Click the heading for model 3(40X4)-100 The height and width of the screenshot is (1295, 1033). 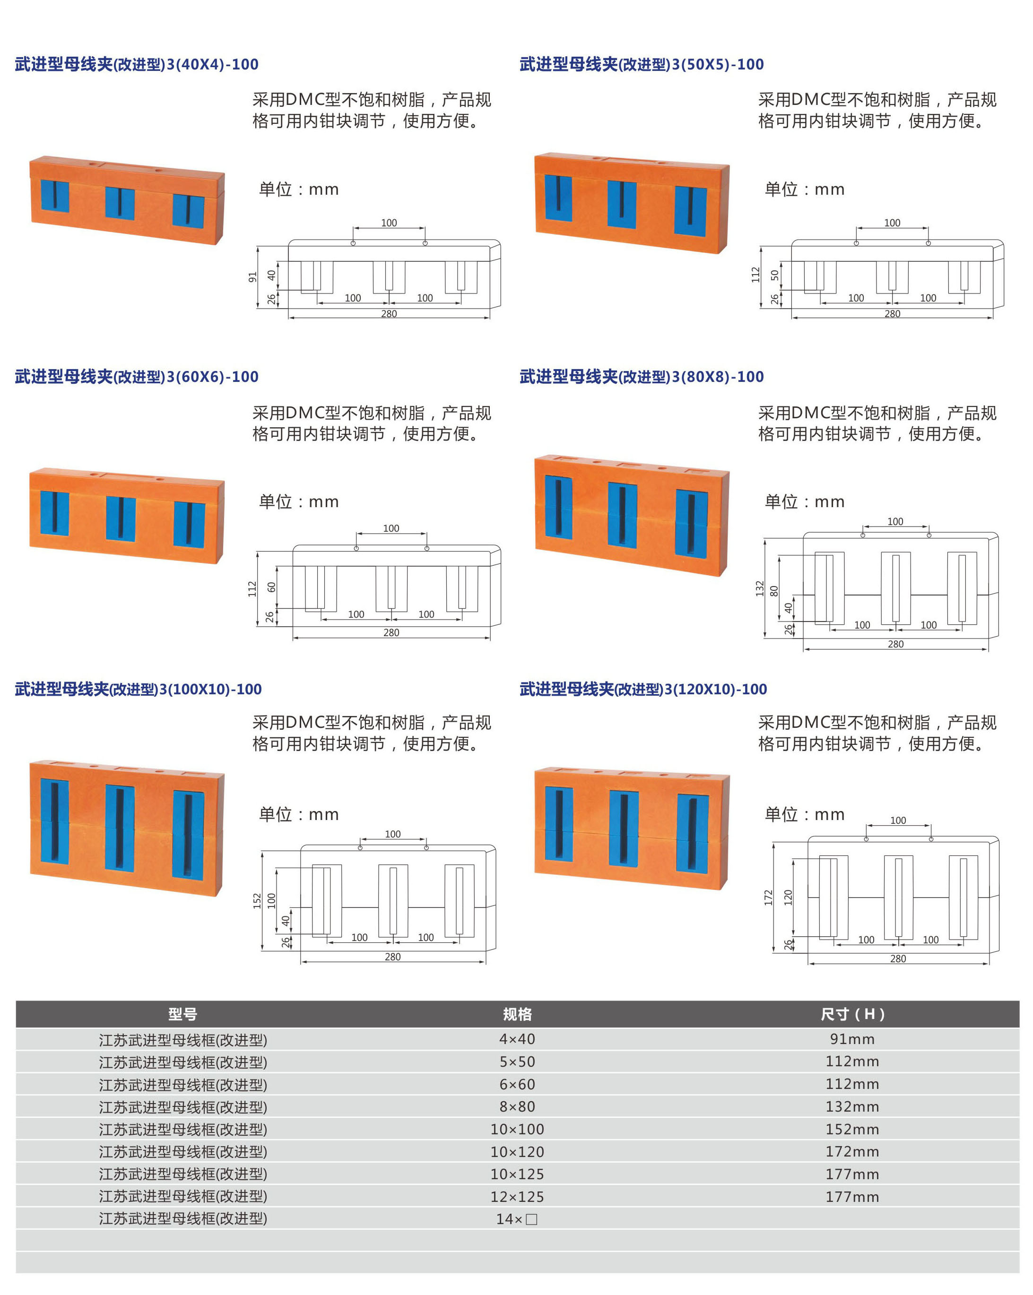(x=137, y=64)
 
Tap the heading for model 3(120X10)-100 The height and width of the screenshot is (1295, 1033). (x=643, y=689)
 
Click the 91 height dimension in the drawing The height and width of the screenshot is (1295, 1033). (x=252, y=277)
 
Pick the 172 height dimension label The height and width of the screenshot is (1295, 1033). (x=768, y=898)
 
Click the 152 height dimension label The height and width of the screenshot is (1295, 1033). (x=257, y=900)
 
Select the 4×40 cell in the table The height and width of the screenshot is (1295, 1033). (x=517, y=1038)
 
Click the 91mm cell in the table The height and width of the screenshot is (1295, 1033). (x=852, y=1038)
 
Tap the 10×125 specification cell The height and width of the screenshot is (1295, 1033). (x=517, y=1174)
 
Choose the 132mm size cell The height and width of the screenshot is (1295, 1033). (x=852, y=1106)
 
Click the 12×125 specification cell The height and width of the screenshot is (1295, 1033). (x=517, y=1197)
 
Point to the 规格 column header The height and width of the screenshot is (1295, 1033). (x=517, y=1014)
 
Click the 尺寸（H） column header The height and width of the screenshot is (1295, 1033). (x=852, y=1014)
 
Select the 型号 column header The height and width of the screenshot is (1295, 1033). (x=182, y=1014)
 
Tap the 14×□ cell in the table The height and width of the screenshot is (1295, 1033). (x=517, y=1219)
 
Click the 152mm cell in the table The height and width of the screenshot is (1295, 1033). (x=852, y=1129)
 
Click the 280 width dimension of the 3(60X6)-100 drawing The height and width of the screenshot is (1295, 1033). (x=391, y=632)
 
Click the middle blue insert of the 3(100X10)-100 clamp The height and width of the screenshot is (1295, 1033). (x=120, y=827)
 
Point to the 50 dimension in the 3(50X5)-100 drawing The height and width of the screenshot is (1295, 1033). (x=774, y=275)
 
